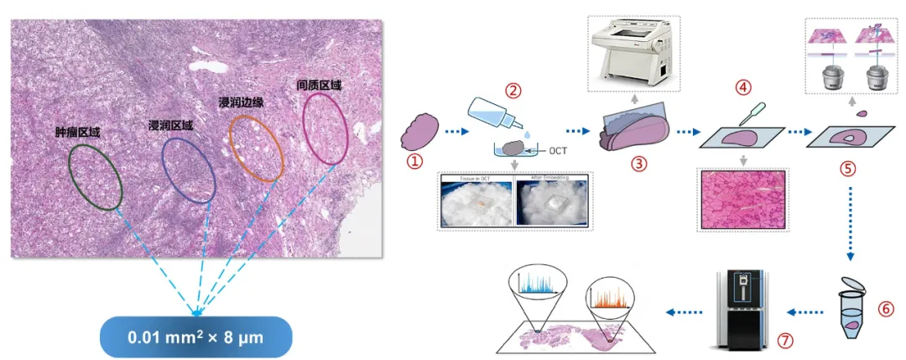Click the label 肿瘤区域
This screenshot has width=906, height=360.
pos(78,132)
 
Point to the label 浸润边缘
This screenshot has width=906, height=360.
pos(240,102)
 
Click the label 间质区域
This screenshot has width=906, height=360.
pos(320,86)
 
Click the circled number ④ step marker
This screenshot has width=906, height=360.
pos(741,86)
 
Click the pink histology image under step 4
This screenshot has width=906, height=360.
pos(744,200)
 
